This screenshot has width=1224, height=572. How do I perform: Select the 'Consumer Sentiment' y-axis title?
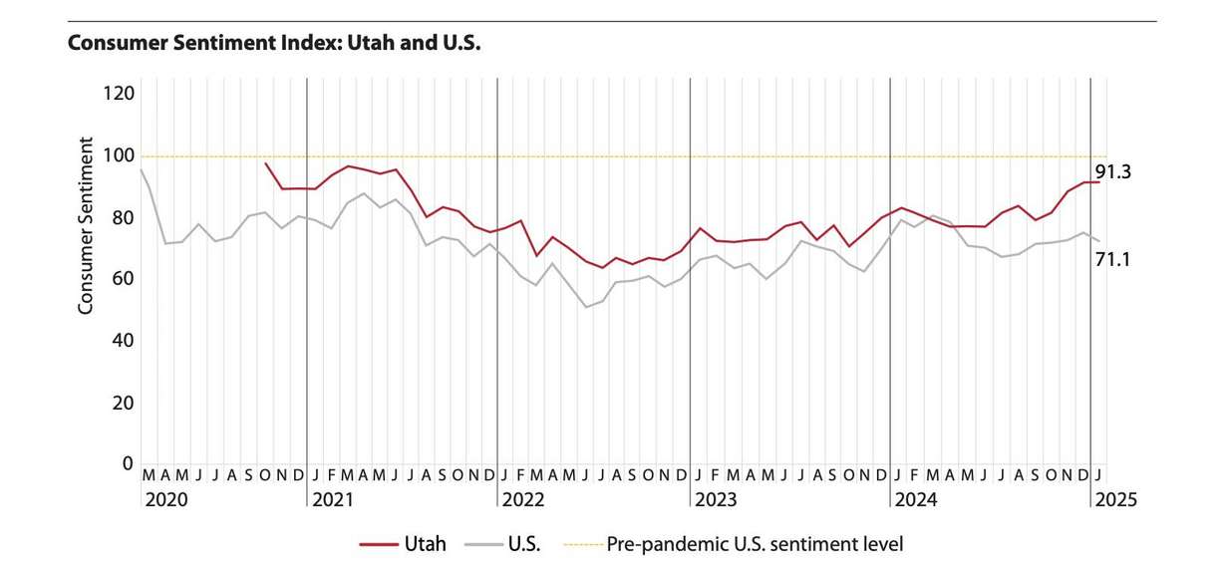click(x=86, y=226)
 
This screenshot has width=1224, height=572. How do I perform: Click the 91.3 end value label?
click(x=1112, y=172)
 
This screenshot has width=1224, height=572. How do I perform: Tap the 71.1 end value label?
click(x=1112, y=260)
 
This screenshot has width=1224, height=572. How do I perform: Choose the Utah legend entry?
click(x=404, y=544)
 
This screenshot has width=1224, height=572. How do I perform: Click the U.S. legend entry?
click(x=506, y=544)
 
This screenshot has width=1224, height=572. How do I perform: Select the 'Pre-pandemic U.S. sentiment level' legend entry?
click(x=734, y=544)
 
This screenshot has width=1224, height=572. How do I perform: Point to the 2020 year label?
click(x=165, y=500)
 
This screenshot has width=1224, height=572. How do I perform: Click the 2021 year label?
click(x=332, y=500)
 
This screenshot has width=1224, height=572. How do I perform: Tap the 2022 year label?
click(x=522, y=500)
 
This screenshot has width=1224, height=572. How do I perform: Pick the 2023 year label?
click(x=716, y=500)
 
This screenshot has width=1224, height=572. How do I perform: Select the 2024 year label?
click(x=915, y=500)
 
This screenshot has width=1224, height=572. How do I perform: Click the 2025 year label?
click(x=1114, y=500)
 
